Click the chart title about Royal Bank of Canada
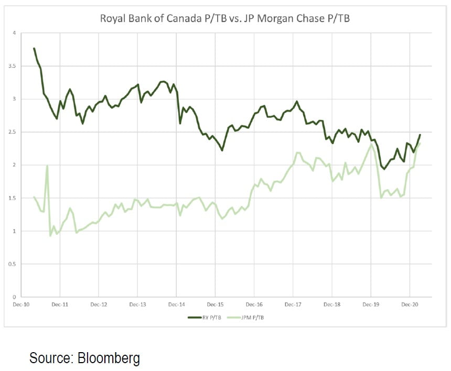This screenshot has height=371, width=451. (x=225, y=19)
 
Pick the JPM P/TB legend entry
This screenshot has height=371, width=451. (x=250, y=317)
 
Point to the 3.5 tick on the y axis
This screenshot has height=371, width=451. (x=13, y=66)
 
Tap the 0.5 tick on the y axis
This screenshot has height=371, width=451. (x=13, y=264)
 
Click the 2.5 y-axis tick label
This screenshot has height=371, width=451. (x=13, y=132)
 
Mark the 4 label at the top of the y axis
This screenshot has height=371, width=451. (x=14, y=33)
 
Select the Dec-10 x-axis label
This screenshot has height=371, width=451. (x=22, y=304)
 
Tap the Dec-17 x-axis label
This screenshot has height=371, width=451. (x=293, y=304)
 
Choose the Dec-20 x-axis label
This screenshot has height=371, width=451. (x=410, y=304)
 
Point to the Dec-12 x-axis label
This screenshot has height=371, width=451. (x=99, y=304)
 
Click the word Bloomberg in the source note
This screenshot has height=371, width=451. (x=109, y=358)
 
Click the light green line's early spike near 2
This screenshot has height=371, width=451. (x=47, y=166)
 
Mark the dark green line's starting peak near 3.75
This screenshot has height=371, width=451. (x=34, y=48)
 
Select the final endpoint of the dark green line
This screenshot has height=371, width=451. (x=420, y=135)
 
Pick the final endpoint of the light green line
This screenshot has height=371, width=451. (x=420, y=143)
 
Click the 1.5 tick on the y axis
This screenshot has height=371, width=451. (x=13, y=198)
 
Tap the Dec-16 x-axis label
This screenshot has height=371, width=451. (x=254, y=304)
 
